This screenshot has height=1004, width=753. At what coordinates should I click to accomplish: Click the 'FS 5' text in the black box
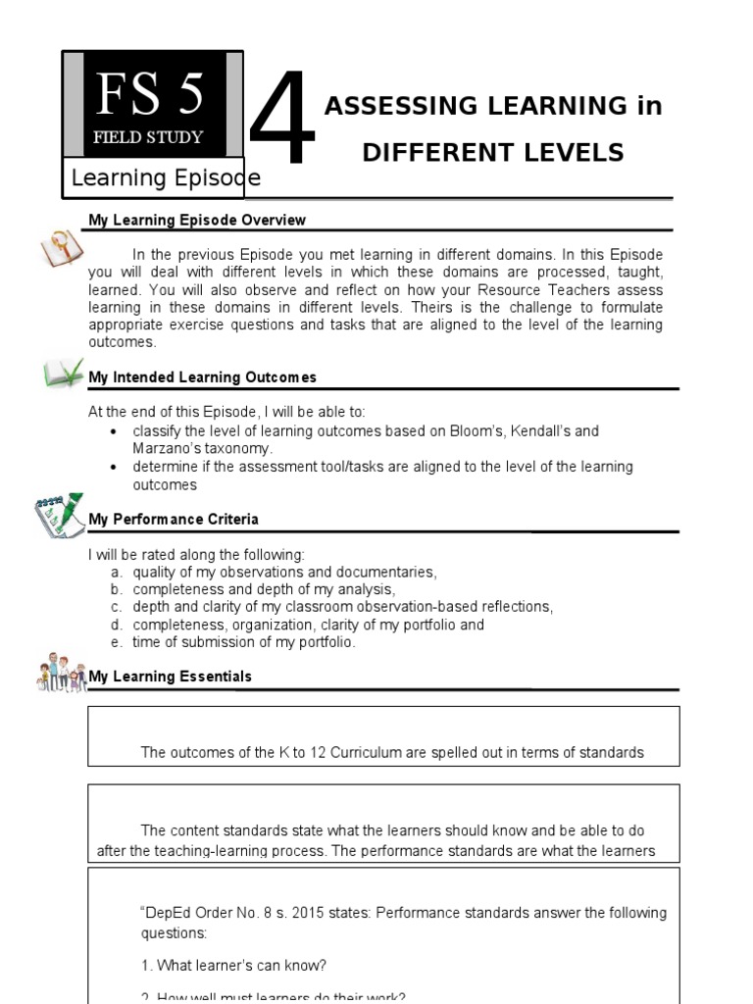point(149,95)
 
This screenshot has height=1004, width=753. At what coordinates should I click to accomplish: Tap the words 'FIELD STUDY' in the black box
point(148,137)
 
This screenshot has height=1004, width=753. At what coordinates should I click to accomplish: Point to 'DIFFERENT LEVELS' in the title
point(492,152)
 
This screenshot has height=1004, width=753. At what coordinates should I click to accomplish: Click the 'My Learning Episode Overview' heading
point(197,221)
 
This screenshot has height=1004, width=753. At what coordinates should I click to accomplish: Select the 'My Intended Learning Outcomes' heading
point(202,377)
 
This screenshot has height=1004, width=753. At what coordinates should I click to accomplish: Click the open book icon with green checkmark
point(64,374)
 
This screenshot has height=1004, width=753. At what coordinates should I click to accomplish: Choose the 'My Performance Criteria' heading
point(174,519)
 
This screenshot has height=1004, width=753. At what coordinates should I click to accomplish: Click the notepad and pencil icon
point(59,516)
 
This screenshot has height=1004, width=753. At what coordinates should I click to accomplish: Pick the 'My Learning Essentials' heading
point(170,677)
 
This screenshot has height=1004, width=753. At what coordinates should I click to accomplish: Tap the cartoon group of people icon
point(62,673)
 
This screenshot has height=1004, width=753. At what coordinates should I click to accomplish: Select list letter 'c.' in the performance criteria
point(116,607)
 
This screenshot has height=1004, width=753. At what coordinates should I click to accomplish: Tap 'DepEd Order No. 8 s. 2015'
point(233,913)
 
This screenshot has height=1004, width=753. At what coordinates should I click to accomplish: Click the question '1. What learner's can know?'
point(233,966)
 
